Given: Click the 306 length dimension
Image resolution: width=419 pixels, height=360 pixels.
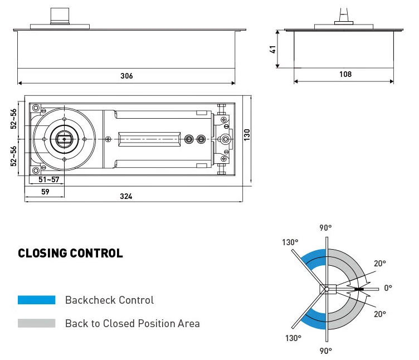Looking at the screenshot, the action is click(126, 76).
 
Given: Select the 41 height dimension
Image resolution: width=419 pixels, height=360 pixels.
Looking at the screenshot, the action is click(272, 50).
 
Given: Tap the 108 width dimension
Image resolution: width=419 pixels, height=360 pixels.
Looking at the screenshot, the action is click(345, 74).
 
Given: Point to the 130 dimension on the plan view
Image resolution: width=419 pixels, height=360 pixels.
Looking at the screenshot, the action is click(247, 135).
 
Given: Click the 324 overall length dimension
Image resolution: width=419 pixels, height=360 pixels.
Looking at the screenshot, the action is click(126, 196).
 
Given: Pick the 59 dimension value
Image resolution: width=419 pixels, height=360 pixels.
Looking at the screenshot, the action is click(45, 192).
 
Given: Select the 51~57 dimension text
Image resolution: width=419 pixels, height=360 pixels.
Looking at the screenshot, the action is click(48, 179).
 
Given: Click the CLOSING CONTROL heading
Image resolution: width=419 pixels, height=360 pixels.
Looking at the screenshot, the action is click(70, 253).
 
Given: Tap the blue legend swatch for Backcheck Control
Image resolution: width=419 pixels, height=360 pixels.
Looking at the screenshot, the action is click(37, 300).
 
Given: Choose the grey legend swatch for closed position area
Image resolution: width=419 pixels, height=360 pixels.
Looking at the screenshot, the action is click(37, 323).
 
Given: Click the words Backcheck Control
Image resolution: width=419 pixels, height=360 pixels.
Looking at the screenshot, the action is click(109, 300).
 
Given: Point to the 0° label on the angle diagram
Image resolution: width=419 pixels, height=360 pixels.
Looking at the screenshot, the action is click(388, 288).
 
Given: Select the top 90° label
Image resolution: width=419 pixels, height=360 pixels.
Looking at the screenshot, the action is click(325, 228).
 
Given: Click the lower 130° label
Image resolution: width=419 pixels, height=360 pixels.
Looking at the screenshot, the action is click(293, 338).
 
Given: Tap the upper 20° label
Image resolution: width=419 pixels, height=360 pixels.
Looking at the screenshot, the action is click(380, 264).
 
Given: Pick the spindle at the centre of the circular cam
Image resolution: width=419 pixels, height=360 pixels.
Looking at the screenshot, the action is click(64, 139).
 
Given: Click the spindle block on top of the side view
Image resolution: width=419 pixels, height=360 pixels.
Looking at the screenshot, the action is click(60, 16).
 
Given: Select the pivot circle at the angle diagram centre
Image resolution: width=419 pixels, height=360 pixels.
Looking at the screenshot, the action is click(327, 289).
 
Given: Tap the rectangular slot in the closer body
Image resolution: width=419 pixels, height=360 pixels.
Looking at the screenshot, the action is click(149, 139).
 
